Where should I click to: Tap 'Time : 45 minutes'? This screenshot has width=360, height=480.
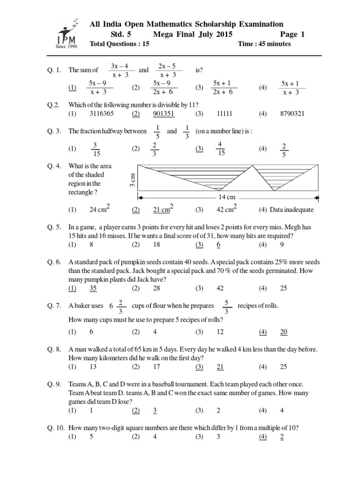pos(264,44)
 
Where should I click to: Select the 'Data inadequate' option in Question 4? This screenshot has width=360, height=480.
pos(291,210)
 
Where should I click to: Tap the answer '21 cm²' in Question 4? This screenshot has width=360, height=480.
pos(164,209)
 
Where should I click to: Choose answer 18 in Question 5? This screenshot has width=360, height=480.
pos(157,245)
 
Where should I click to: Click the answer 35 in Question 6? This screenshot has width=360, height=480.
pos(94,288)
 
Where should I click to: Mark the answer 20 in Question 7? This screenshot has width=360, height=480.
pos(284,332)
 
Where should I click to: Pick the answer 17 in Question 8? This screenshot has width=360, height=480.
pos(157,366)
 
